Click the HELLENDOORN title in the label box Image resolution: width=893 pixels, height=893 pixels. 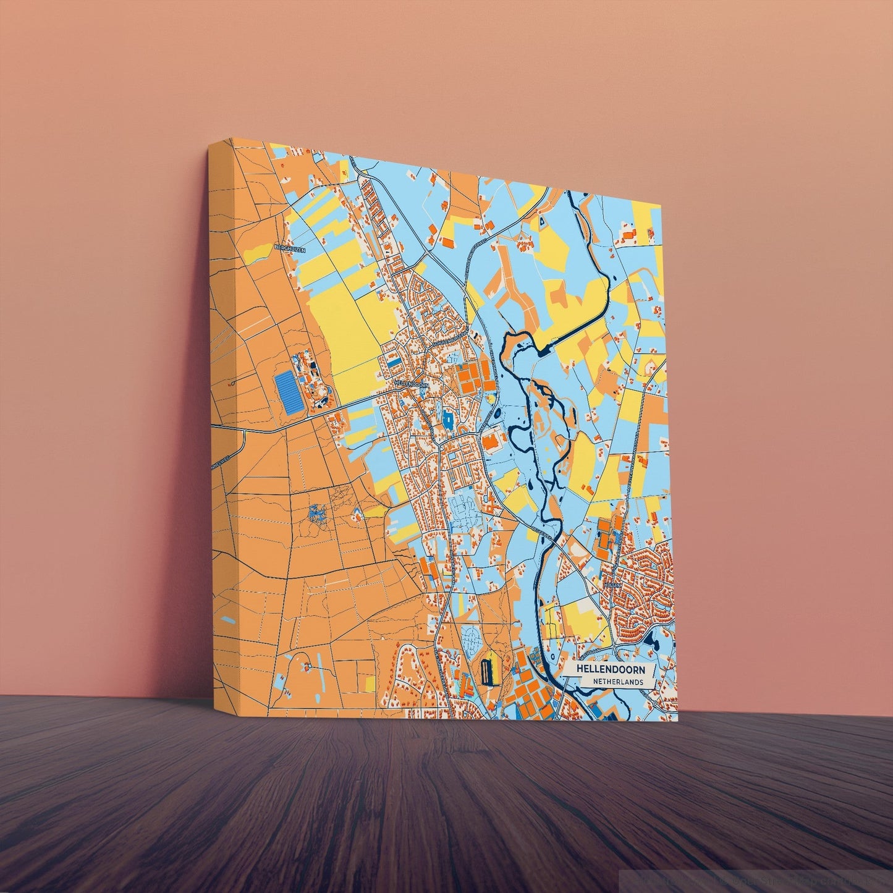point(610,669)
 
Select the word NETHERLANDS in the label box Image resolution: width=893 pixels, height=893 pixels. point(616,682)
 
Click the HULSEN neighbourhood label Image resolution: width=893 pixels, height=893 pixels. point(611,583)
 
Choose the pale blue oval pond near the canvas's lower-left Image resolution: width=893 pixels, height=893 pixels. point(228,619)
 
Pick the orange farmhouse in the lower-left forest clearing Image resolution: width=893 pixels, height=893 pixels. point(305,668)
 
